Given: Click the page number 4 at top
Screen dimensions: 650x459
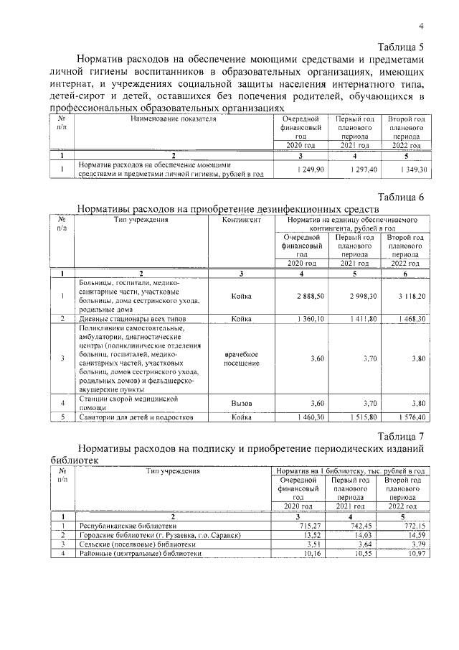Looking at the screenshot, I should click(x=422, y=26).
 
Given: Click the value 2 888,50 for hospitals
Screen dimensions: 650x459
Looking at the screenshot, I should click(x=310, y=296).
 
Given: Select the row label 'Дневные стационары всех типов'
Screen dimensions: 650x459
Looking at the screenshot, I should click(x=127, y=318).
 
